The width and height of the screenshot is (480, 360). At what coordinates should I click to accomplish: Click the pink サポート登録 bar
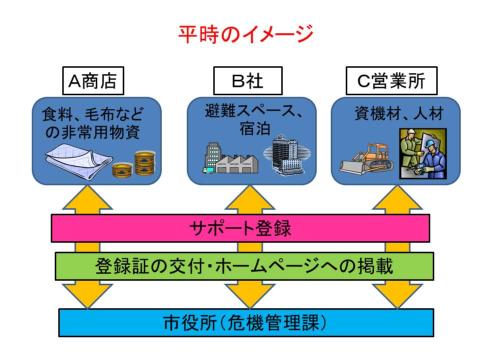click(240, 228)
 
